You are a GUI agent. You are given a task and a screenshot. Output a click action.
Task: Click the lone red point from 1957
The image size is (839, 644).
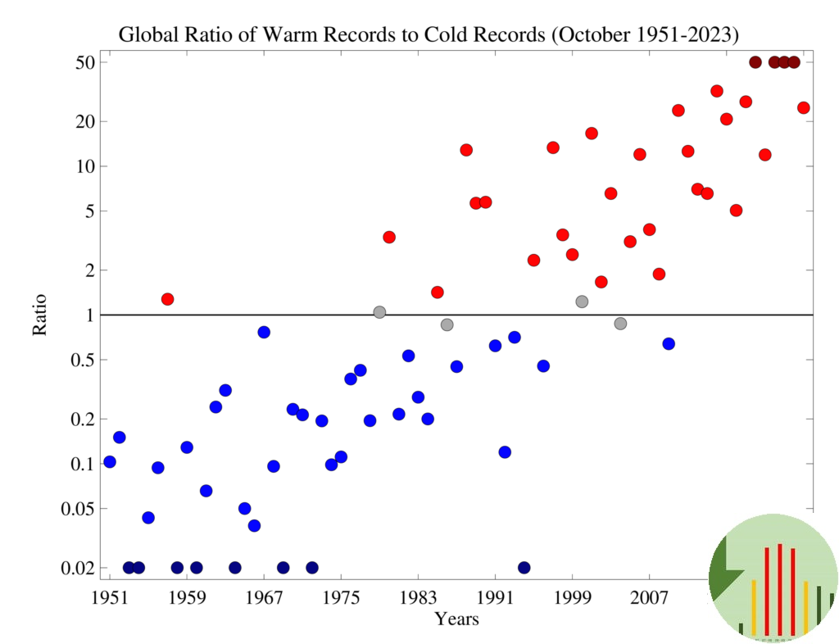(167, 299)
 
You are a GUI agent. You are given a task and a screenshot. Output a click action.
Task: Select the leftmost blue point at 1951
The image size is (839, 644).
(110, 462)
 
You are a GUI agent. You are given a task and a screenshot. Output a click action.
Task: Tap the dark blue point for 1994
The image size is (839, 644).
(524, 568)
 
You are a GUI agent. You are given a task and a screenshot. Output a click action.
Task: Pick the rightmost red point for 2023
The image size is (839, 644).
(803, 107)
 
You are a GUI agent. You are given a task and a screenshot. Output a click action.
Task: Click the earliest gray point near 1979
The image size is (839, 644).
(379, 312)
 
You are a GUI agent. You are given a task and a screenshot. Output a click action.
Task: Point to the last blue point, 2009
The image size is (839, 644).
(669, 343)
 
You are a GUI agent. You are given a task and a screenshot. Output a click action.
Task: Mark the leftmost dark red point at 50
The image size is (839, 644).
(755, 62)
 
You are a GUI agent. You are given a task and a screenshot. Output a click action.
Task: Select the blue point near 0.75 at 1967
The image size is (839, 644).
(264, 332)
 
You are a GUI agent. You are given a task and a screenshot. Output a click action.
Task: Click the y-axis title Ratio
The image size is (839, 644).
(39, 315)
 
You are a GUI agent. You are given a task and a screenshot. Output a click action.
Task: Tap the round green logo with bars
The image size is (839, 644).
(773, 578)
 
